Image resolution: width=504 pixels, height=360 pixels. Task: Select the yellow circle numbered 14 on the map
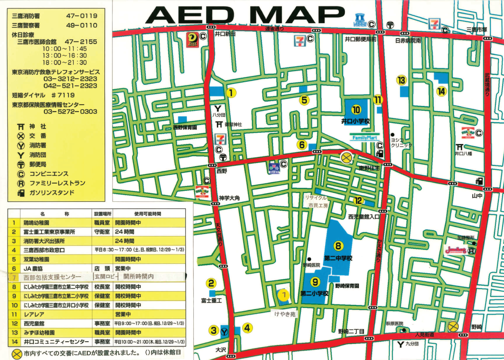(442, 91)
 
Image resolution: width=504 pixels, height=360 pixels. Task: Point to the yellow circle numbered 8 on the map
(338, 246)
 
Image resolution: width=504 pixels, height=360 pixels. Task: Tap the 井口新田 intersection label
(225, 34)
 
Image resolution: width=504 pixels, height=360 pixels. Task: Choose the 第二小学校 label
(314, 294)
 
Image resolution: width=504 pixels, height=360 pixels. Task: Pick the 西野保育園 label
(185, 127)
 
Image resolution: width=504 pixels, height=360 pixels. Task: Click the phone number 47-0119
(82, 16)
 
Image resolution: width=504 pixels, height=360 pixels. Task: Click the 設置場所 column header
(103, 213)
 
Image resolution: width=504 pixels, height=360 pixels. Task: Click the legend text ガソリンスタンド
(51, 193)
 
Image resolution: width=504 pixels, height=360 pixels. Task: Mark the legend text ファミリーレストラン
(57, 183)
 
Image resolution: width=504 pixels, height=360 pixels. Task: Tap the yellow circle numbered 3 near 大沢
(214, 330)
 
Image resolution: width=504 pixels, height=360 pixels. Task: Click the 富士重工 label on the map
(211, 301)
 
